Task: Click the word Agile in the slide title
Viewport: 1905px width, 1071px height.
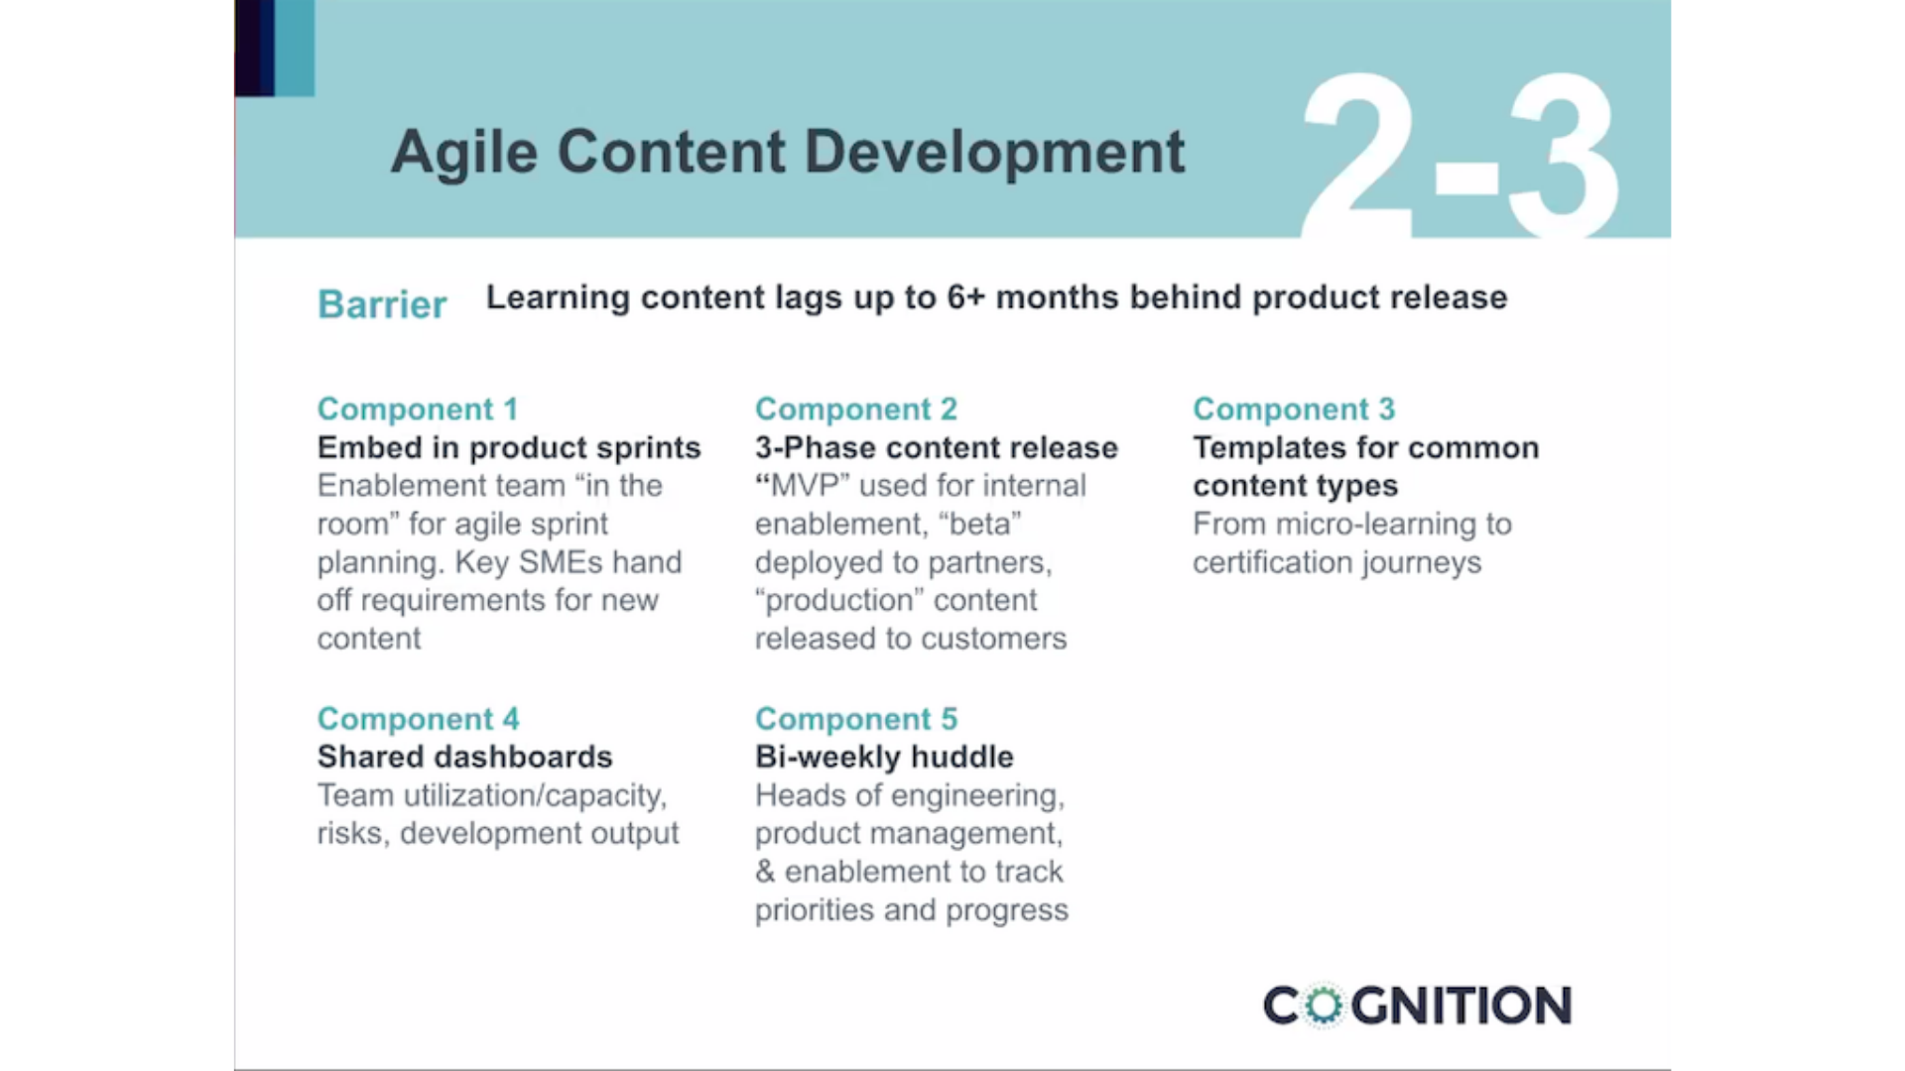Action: pyautogui.click(x=464, y=153)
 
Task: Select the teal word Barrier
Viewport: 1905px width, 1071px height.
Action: pyautogui.click(x=382, y=303)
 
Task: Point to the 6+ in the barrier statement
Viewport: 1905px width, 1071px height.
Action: pyautogui.click(x=964, y=297)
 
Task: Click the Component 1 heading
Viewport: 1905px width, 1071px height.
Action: pyautogui.click(x=418, y=409)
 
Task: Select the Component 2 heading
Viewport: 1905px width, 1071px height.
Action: pyautogui.click(x=855, y=409)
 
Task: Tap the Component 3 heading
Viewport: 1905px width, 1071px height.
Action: pyautogui.click(x=1294, y=409)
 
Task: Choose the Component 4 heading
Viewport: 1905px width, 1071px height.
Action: pyautogui.click(x=418, y=718)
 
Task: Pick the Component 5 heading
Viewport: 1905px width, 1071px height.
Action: pyautogui.click(x=855, y=718)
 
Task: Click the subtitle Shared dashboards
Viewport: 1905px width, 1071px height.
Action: pyautogui.click(x=464, y=757)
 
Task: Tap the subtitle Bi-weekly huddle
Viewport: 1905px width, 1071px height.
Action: pyautogui.click(x=884, y=757)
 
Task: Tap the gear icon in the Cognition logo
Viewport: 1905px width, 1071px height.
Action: pyautogui.click(x=1323, y=1005)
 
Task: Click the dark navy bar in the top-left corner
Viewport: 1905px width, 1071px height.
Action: pyautogui.click(x=254, y=48)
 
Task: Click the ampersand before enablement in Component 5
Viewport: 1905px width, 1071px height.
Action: pyautogui.click(x=764, y=872)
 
